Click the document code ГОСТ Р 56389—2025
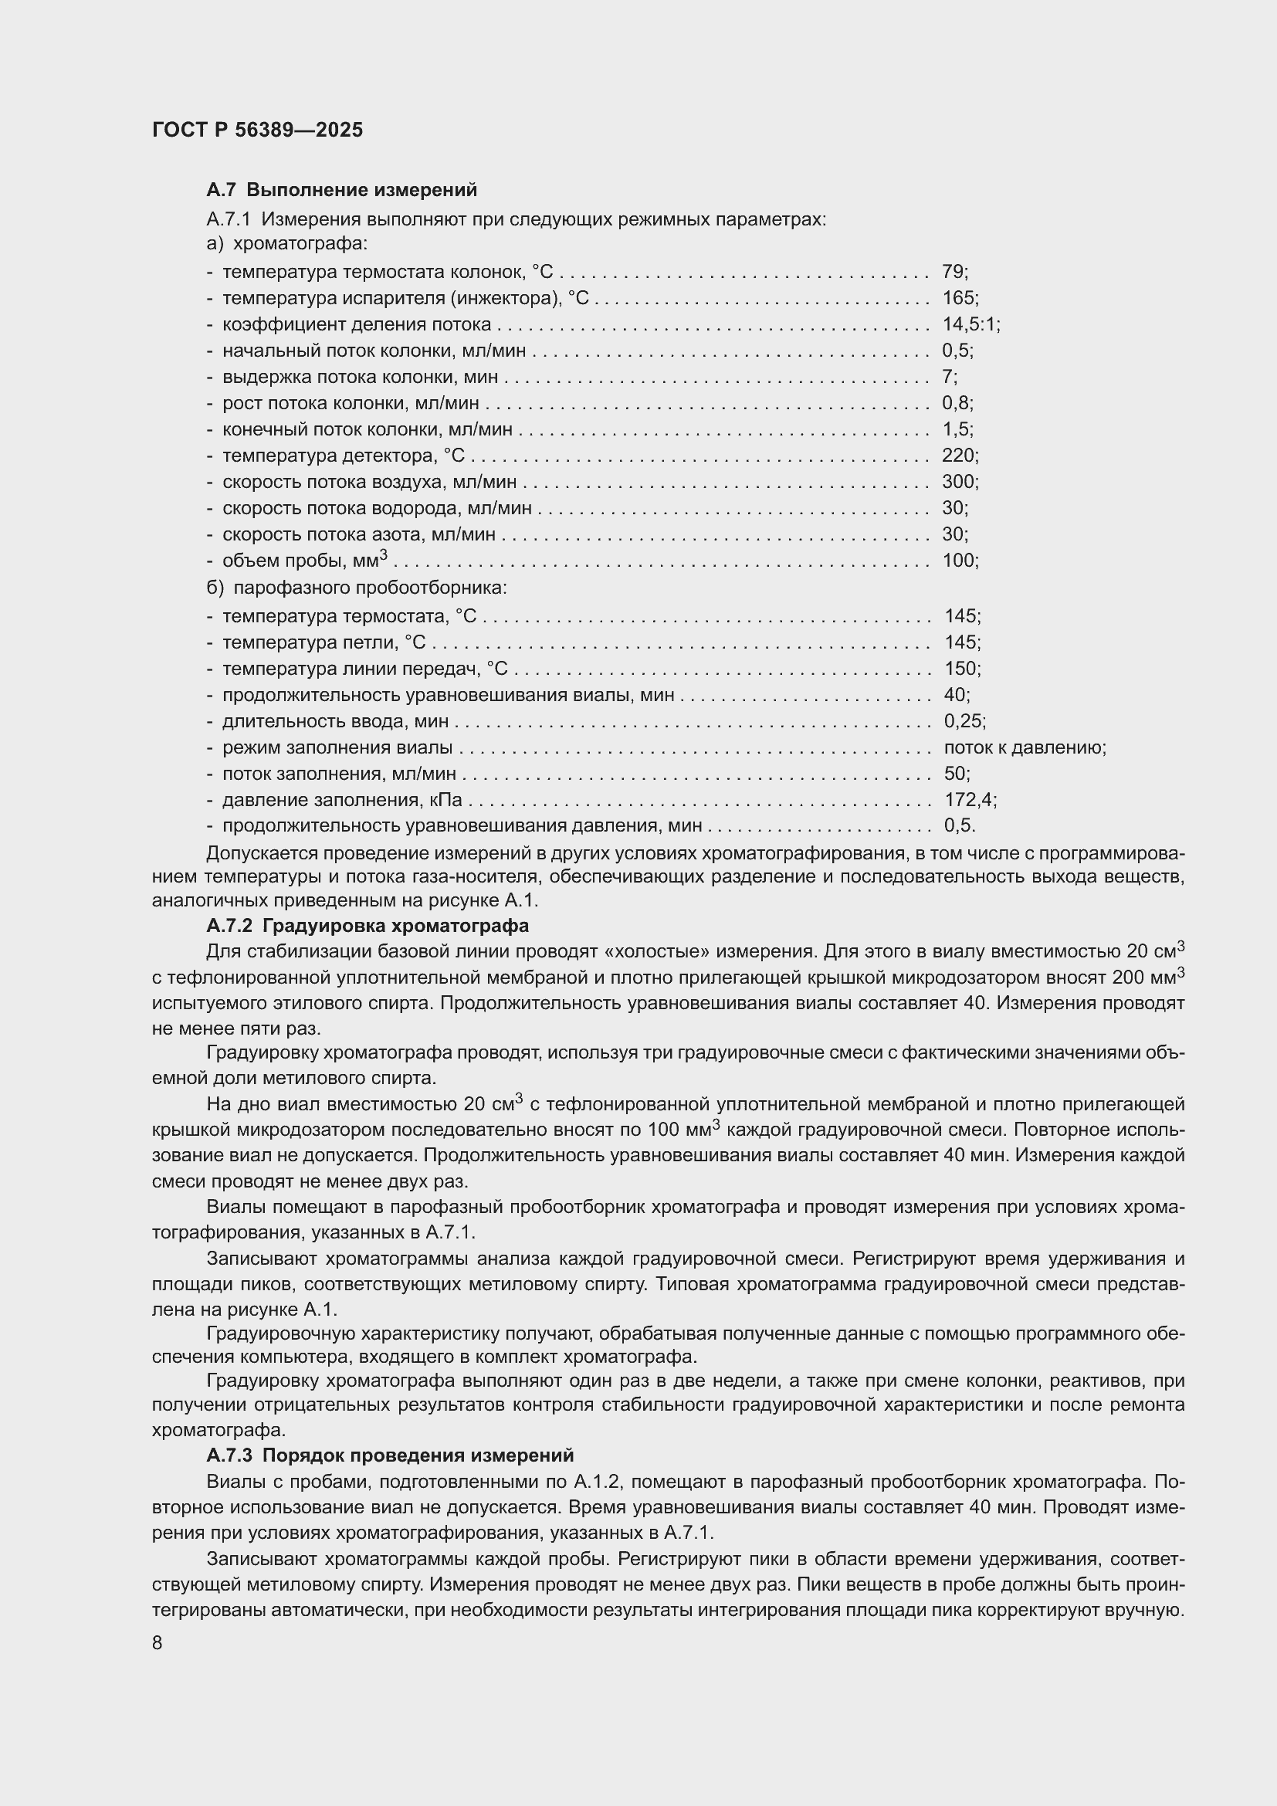point(257,130)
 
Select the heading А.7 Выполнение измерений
point(341,190)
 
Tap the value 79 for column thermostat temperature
point(953,272)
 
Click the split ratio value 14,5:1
point(970,324)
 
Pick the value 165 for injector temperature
point(957,298)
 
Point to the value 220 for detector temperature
point(957,456)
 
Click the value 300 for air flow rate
point(957,481)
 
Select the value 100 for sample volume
point(957,561)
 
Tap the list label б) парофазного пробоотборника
point(357,588)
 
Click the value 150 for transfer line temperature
point(960,669)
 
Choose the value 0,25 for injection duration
point(963,721)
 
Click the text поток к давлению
point(1024,747)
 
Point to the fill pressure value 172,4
point(968,800)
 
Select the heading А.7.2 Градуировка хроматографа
point(368,926)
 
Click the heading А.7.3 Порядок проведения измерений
point(390,1455)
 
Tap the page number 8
point(158,1644)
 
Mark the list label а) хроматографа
point(287,244)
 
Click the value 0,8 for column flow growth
point(955,404)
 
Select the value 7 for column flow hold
point(947,377)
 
